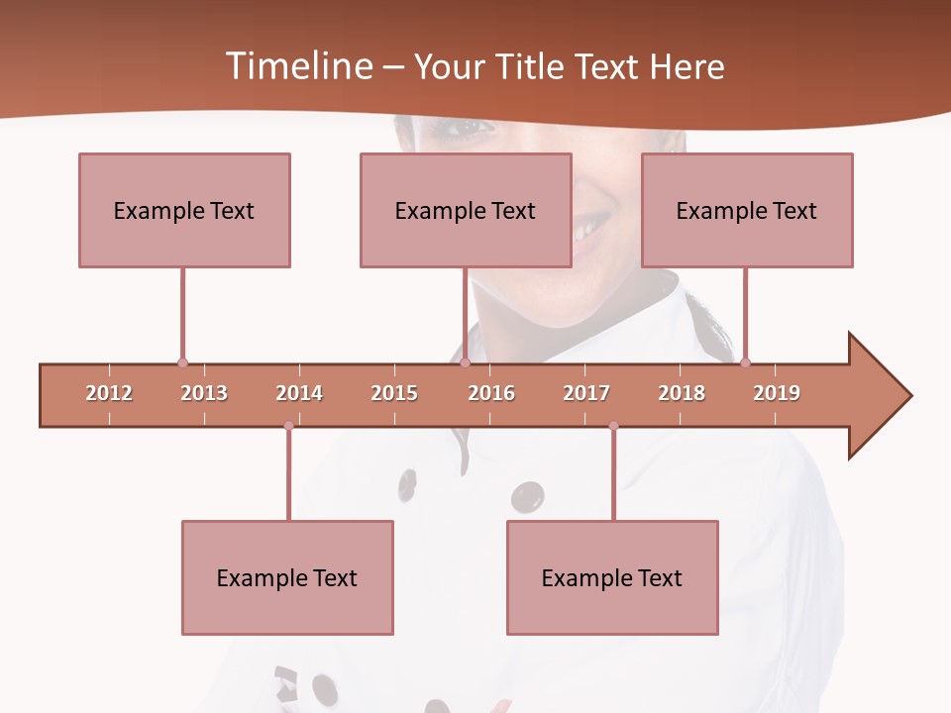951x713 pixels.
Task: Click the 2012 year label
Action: [x=109, y=393]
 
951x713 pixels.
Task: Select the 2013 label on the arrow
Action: [x=204, y=393]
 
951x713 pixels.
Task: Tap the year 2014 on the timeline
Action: [x=299, y=393]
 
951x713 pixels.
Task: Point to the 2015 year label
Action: [x=394, y=393]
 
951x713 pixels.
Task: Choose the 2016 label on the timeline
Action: [x=491, y=393]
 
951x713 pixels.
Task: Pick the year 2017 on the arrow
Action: [x=586, y=393]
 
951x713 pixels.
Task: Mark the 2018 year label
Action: [x=682, y=393]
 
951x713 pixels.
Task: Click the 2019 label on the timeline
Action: [x=777, y=393]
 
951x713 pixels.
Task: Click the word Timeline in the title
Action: [x=297, y=66]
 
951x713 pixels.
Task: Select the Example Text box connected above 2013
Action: [x=184, y=210]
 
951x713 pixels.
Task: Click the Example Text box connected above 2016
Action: [x=466, y=210]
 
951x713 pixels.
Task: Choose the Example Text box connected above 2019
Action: [x=747, y=210]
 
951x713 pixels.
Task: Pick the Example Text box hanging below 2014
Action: [x=287, y=577]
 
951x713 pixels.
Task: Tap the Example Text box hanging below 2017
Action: [x=612, y=577]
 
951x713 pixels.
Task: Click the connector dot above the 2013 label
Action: [x=182, y=362]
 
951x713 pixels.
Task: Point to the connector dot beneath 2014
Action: [x=288, y=426]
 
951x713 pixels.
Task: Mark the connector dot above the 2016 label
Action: [x=465, y=362]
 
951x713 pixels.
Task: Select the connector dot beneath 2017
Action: [x=613, y=426]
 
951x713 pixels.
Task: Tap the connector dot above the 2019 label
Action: [x=745, y=362]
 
